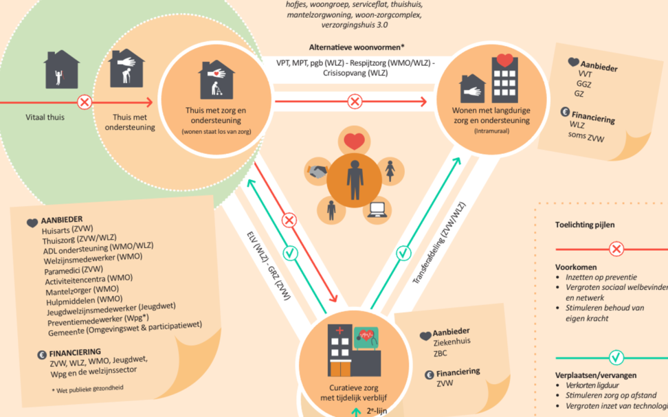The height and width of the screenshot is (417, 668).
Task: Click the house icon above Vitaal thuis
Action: [62, 69]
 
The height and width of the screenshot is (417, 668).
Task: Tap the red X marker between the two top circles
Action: [355, 102]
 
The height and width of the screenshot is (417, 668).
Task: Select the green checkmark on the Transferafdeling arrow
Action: [403, 253]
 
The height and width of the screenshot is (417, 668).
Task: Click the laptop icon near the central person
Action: [377, 210]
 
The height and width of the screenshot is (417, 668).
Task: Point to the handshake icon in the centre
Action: [318, 172]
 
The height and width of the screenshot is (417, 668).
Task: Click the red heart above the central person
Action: [354, 141]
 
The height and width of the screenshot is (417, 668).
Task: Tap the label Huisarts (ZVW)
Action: [67, 229]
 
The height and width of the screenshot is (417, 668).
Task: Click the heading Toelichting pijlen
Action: [584, 225]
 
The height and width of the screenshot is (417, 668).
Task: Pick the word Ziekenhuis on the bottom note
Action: [452, 342]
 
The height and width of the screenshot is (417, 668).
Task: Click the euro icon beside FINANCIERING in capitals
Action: [42, 354]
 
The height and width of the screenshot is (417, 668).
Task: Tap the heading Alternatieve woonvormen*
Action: [357, 47]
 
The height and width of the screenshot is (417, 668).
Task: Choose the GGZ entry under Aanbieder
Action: [583, 84]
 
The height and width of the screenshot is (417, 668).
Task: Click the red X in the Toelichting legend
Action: [616, 249]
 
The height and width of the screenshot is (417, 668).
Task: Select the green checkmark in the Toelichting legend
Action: [616, 357]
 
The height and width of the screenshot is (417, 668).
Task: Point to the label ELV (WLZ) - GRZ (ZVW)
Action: [269, 266]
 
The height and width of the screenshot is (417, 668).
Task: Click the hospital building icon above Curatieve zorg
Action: [354, 350]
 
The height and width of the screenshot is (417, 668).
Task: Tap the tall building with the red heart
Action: [505, 78]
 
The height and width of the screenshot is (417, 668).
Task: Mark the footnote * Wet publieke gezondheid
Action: [88, 389]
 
